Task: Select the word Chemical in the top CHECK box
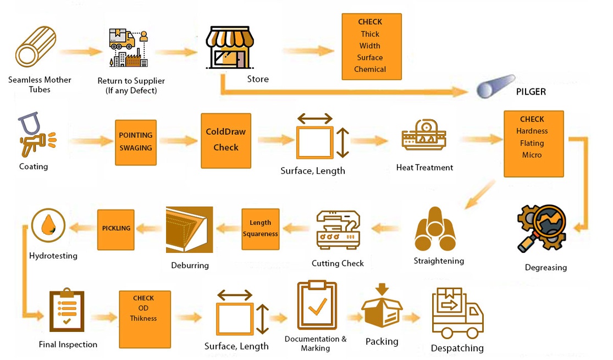pyautogui.click(x=370, y=69)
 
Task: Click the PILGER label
pyautogui.click(x=531, y=92)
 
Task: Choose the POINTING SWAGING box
pyautogui.click(x=136, y=142)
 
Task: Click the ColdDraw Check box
pyautogui.click(x=226, y=140)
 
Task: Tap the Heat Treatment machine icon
pyautogui.click(x=424, y=136)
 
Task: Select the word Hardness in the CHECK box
pyautogui.click(x=532, y=131)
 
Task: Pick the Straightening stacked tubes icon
pyautogui.click(x=435, y=230)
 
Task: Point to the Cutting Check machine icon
pyautogui.click(x=338, y=230)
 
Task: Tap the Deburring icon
pyautogui.click(x=189, y=230)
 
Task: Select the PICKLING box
pyautogui.click(x=116, y=228)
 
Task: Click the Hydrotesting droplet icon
pyautogui.click(x=48, y=226)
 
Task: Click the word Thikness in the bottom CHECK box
pyautogui.click(x=143, y=318)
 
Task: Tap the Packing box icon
pyautogui.click(x=382, y=308)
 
